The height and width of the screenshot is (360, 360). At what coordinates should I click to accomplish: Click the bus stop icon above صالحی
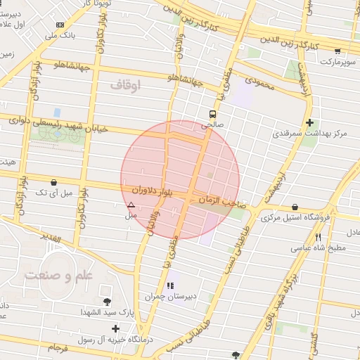[x=212, y=113]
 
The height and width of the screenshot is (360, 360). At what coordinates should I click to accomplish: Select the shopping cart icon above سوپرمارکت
[x=338, y=51]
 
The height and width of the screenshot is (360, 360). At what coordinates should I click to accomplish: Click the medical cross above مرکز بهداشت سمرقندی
[x=309, y=122]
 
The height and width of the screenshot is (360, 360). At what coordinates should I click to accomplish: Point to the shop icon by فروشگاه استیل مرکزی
[x=294, y=207]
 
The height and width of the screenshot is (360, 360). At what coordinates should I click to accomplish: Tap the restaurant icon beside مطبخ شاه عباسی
[x=319, y=237]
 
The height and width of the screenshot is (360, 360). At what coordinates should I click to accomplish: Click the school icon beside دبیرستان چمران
[x=169, y=286]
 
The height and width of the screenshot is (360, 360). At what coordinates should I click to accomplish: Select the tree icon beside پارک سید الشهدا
[x=107, y=302]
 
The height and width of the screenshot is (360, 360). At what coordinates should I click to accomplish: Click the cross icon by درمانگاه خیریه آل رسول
[x=115, y=328]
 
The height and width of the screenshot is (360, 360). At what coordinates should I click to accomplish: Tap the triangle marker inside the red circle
[x=131, y=205]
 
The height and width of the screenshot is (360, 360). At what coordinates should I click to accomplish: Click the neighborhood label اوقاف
[x=126, y=85]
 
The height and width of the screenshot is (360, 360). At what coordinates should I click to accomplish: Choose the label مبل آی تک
[x=53, y=191]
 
